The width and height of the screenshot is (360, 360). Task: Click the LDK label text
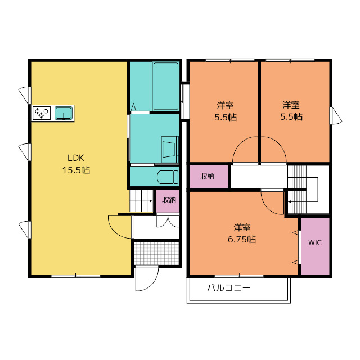pos(76,158)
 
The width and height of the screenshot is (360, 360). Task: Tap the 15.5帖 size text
pos(76,170)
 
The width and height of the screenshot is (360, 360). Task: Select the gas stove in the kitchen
pos(42,112)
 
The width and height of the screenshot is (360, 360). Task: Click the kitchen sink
pos(64,114)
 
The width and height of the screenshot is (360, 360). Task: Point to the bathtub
pos(166,86)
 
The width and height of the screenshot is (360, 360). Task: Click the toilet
pos(168,177)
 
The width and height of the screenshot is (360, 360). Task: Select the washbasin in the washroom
pos(170,149)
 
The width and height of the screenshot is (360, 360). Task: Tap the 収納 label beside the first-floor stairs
pos(169,200)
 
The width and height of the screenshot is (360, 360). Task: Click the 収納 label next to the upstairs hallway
pos(207,176)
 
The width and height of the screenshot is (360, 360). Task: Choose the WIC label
pos(315,242)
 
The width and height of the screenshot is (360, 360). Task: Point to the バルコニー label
pos(228,288)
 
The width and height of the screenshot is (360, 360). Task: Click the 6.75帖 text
pos(242,240)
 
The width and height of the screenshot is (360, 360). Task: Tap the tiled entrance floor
pos(156,253)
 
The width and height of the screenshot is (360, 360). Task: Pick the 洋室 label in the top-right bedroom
pos(291,105)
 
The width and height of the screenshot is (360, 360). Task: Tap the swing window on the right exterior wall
pos(336,116)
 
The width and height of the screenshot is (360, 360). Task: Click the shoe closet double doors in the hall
pos(168,221)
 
